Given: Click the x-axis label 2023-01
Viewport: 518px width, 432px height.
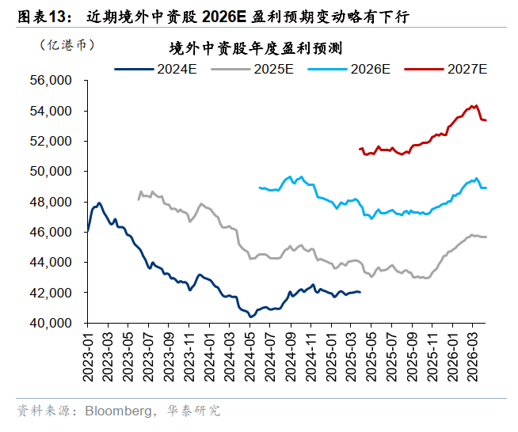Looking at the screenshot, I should pos(87,354).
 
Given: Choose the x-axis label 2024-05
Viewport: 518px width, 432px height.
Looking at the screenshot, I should pos(250,354).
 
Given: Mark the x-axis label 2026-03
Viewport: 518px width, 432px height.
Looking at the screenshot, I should pos(474,354).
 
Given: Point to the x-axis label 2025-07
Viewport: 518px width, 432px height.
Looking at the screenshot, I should pos(392,354).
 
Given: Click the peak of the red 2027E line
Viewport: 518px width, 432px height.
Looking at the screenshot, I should pos(474,105).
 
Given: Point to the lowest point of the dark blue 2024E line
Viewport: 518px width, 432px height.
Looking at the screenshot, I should pos(251,316).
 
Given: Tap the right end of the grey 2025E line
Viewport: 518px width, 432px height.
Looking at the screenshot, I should pos(486,237).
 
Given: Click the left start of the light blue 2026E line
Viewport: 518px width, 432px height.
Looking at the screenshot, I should pos(260,188).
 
